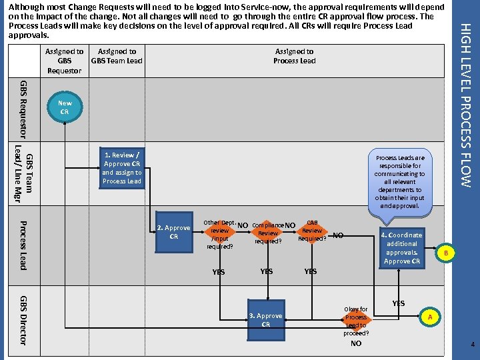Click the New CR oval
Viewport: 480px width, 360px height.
pos(64,107)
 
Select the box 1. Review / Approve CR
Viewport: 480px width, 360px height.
pos(121,168)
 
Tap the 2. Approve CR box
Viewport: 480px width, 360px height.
pos(173,232)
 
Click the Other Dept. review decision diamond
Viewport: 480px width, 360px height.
pos(219,234)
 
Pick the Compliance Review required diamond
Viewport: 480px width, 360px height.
pos(268,233)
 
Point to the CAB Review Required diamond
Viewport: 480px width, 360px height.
pos(312,231)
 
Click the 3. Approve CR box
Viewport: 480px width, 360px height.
pos(265,320)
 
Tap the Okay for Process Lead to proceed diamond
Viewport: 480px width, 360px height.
pos(355,321)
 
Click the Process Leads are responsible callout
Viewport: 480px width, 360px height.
pos(400,182)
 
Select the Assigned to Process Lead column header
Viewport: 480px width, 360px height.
pos(294,56)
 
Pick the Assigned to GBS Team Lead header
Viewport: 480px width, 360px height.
pos(117,56)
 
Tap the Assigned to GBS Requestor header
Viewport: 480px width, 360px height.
pos(65,61)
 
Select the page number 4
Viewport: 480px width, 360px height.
pos(472,345)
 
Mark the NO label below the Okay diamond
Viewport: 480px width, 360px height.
pos(356,344)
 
